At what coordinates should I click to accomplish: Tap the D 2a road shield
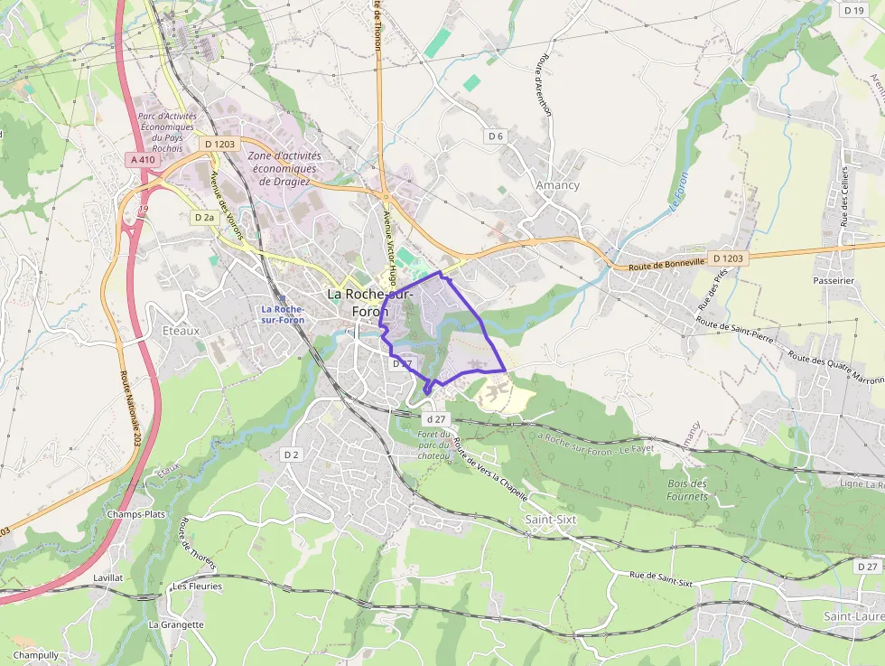point(204,218)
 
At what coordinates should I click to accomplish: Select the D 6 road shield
point(494,136)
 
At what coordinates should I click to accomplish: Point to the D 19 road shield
point(852,10)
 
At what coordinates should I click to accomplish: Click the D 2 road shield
point(291,455)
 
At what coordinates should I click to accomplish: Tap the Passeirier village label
point(833,281)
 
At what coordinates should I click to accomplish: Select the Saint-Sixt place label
point(550,520)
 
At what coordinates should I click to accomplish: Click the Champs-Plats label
point(135,514)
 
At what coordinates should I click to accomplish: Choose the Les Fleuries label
point(197,586)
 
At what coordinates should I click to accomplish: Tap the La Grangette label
point(176,624)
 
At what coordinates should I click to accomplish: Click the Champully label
point(36,655)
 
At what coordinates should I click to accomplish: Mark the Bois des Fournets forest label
point(687,489)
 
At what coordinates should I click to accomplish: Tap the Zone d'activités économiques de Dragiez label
point(284,168)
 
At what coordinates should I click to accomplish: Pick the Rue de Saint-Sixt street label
point(661,579)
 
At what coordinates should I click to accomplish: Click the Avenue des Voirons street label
point(227,205)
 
